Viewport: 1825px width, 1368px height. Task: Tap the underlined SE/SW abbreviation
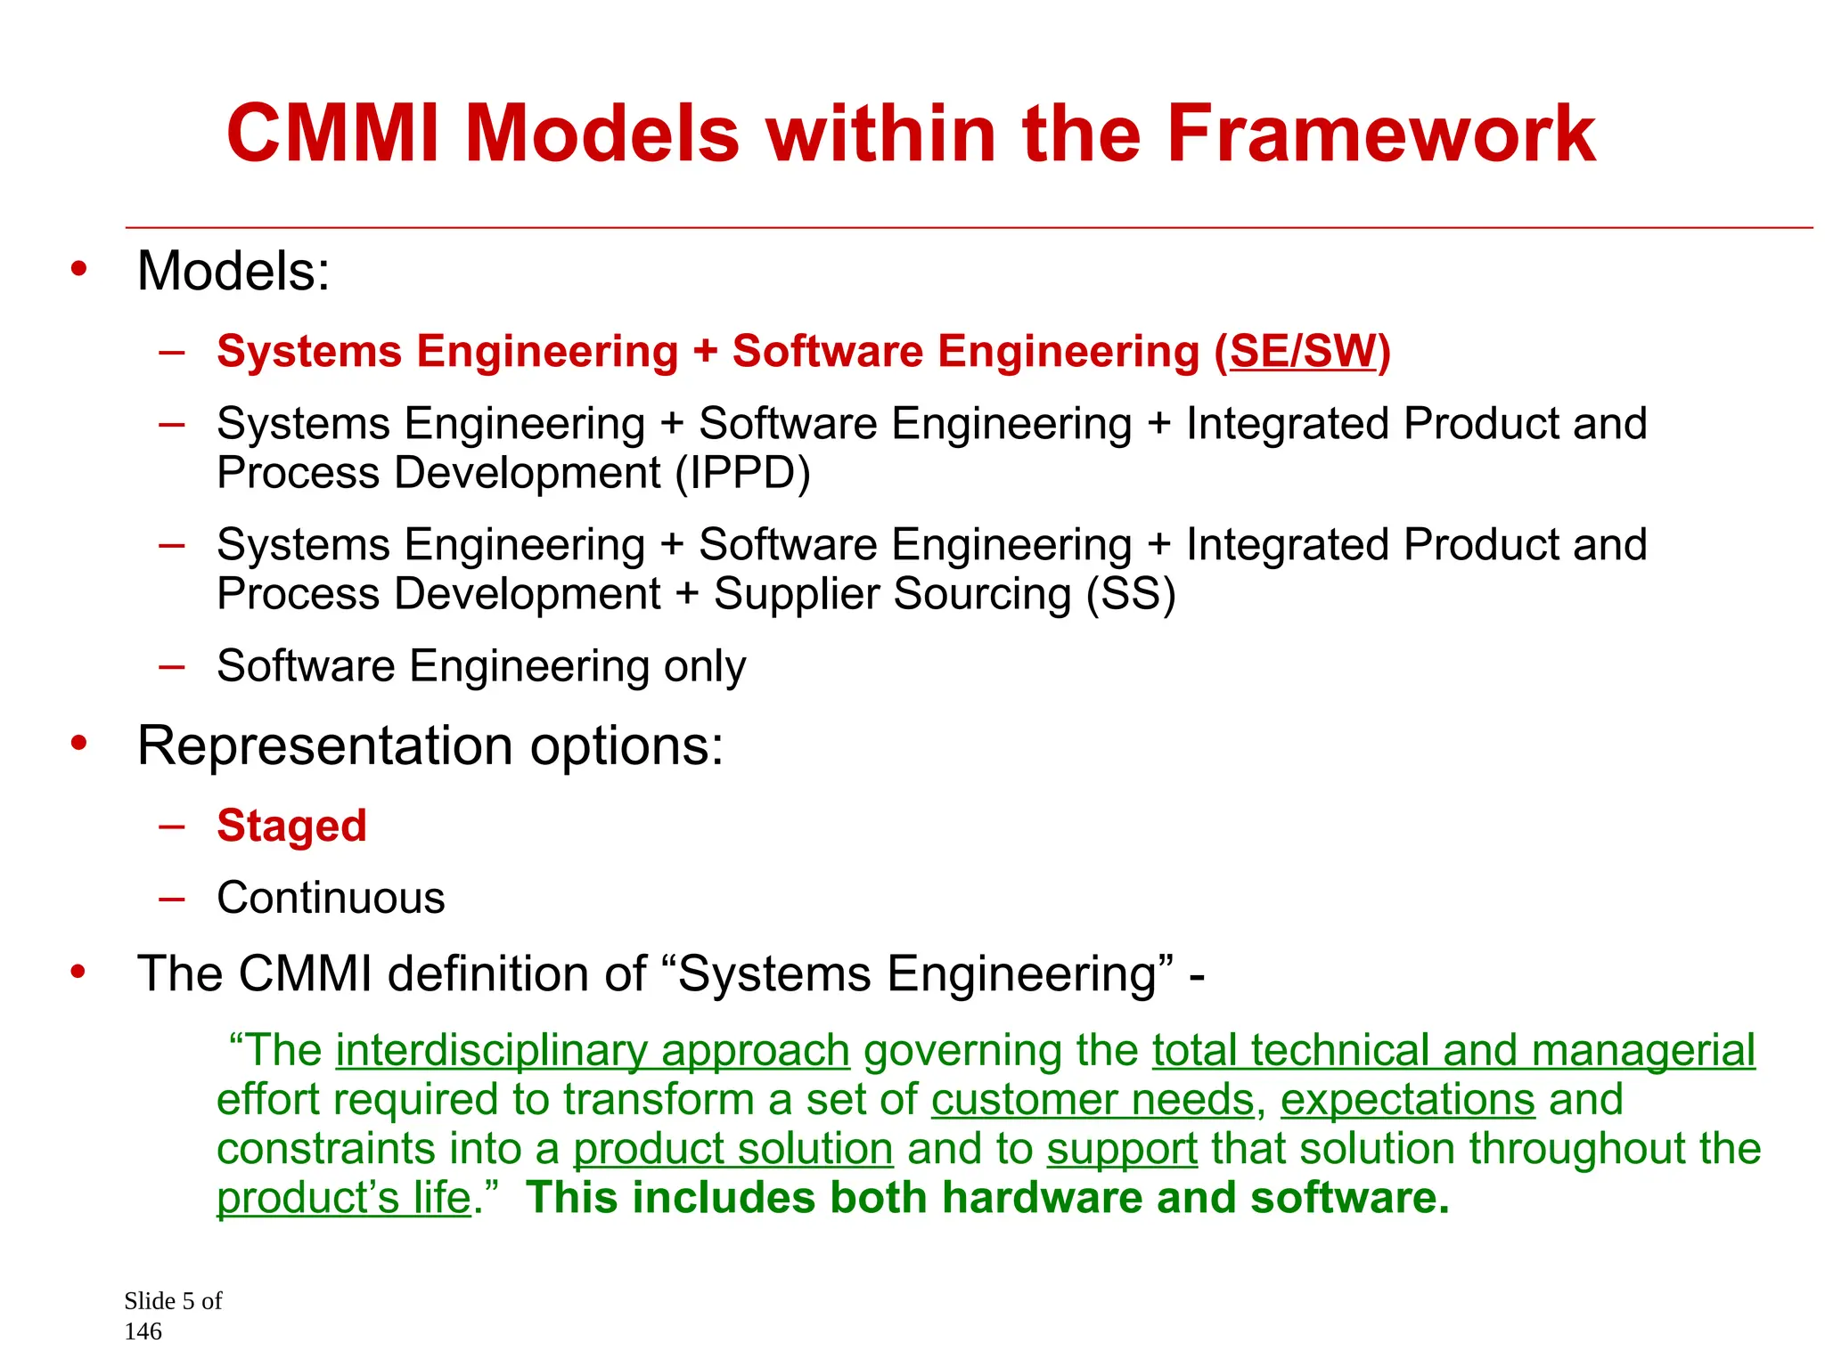point(1303,351)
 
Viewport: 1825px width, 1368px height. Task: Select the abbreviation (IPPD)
point(742,473)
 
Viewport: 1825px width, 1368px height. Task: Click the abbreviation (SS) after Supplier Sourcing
point(1130,594)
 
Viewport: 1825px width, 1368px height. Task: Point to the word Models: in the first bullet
point(233,271)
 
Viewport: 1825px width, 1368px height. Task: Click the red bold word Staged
point(291,826)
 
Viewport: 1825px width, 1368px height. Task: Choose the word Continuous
point(331,898)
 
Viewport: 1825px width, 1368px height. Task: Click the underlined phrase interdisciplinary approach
point(593,1051)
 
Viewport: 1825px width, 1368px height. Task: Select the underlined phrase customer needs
point(1093,1100)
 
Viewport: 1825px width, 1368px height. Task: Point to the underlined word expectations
point(1408,1100)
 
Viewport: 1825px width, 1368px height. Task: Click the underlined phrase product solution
point(732,1149)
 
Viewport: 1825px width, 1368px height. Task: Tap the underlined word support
point(1121,1150)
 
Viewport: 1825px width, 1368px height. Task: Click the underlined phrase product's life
point(344,1199)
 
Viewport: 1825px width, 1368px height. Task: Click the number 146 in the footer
point(143,1331)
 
